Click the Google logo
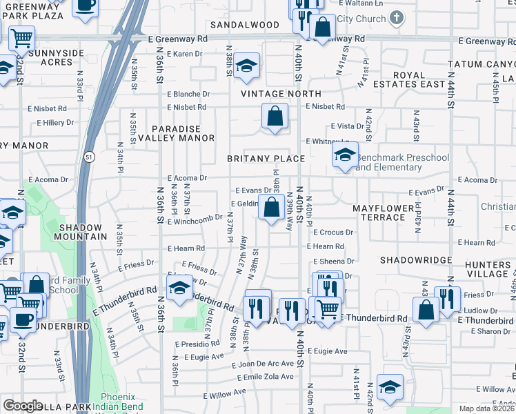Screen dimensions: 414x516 click(23, 406)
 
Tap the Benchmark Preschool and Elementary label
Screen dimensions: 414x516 click(401, 162)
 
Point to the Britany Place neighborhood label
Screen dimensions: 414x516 click(266, 159)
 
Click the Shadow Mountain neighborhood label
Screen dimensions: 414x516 click(83, 231)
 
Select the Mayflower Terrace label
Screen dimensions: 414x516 click(388, 213)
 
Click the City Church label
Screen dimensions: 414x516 click(362, 19)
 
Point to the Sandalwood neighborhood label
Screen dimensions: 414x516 click(245, 25)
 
